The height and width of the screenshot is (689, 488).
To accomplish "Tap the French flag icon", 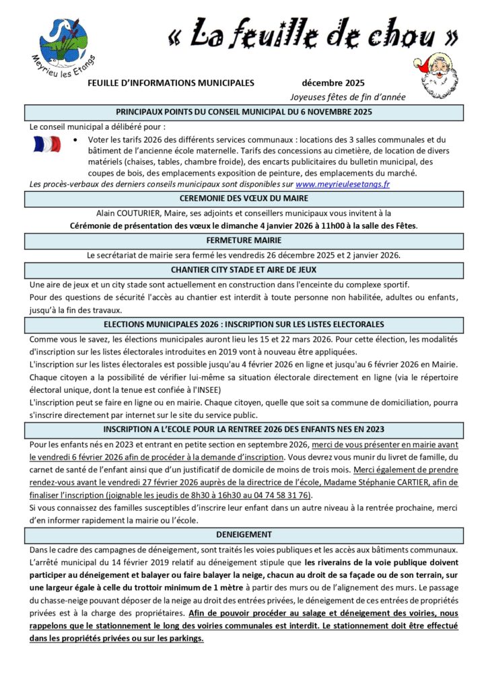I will [46, 143].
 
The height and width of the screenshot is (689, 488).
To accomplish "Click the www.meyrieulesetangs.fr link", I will [343, 184].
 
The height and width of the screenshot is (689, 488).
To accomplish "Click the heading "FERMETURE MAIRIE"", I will [244, 240].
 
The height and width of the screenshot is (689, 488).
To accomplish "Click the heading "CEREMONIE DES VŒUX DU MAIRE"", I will [244, 198].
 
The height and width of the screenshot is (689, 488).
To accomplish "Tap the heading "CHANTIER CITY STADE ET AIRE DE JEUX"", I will [244, 270].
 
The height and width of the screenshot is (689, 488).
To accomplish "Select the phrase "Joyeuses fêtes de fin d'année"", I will [348, 97].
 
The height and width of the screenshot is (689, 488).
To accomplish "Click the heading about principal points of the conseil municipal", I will [244, 112].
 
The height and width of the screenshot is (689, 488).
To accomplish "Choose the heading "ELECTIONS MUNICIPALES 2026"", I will [244, 324].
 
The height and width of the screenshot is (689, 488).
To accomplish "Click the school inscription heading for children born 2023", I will [244, 429].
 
